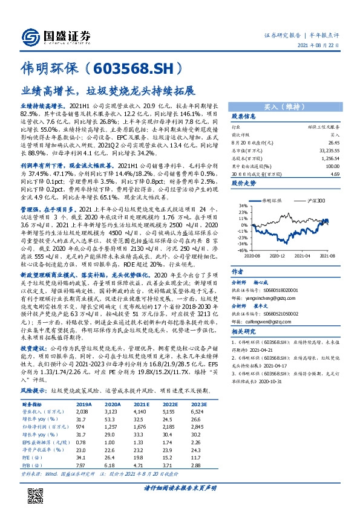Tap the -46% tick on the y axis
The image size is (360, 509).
click(x=241, y=250)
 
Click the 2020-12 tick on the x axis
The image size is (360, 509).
click(x=278, y=256)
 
